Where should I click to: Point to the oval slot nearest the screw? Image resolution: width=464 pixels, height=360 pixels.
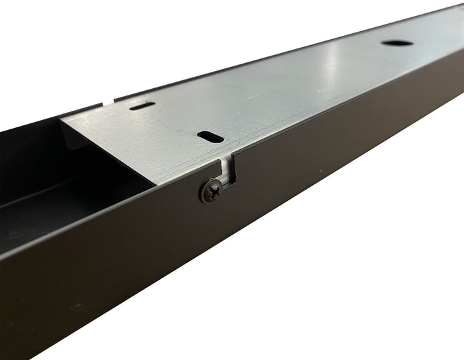[x=210, y=136]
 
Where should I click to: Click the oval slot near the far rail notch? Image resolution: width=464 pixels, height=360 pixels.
[x=143, y=105]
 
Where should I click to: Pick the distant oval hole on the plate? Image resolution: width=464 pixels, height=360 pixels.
[x=397, y=43]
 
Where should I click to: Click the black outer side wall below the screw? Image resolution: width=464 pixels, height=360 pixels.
[x=219, y=252]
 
